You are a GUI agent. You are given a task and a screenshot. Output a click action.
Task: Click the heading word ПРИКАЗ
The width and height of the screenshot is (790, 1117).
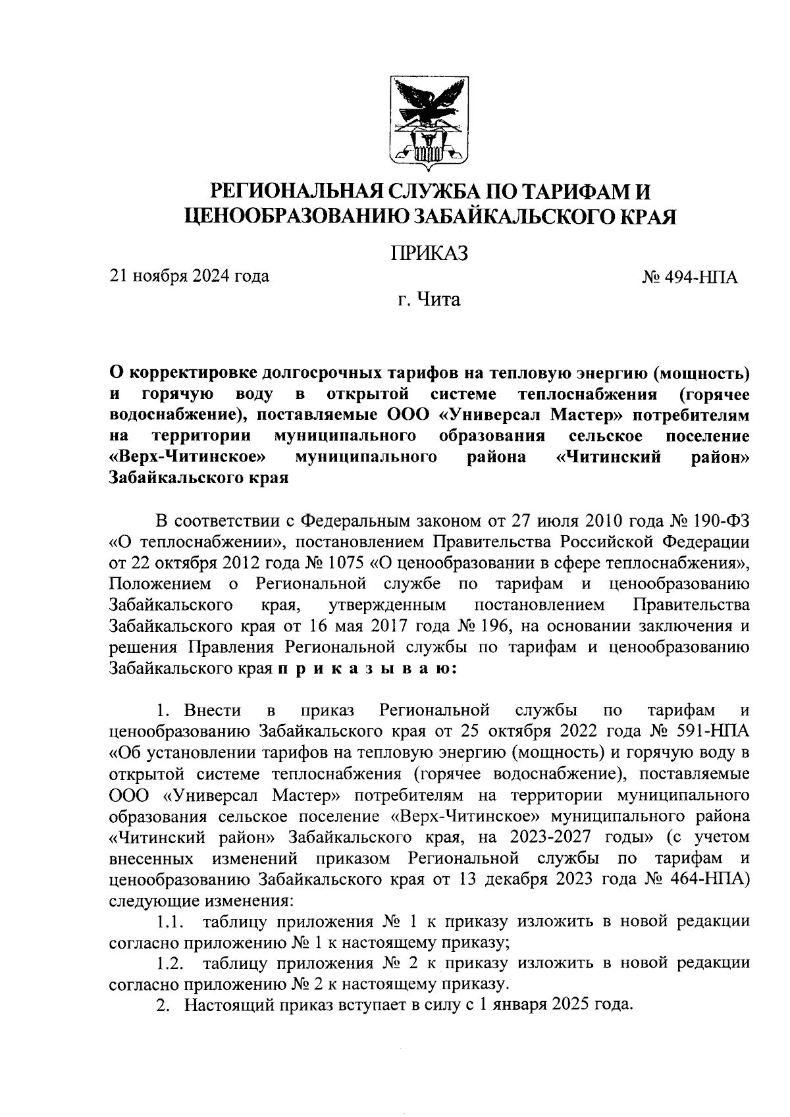click(429, 253)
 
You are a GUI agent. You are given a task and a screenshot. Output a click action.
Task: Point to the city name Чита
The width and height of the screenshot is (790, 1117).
click(438, 301)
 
